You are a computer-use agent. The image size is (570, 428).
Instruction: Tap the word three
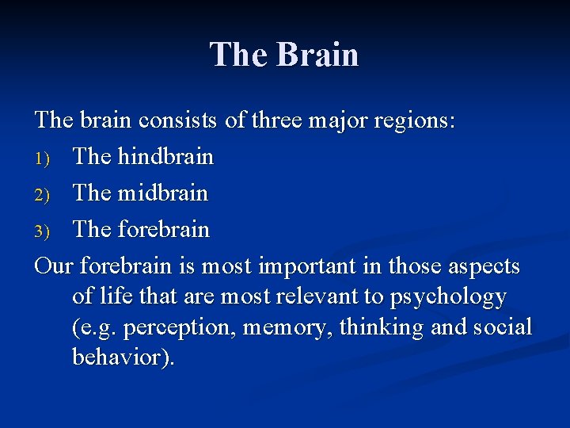coord(279,120)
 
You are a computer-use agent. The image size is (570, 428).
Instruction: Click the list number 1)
coord(44,157)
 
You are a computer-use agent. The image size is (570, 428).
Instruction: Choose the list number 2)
coord(44,193)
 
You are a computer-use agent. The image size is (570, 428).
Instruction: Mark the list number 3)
coord(44,230)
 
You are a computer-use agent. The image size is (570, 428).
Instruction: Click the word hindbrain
coord(165,156)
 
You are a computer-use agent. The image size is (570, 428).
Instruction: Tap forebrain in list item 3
coord(163,229)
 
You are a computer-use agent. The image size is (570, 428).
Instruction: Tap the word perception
coord(179,327)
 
